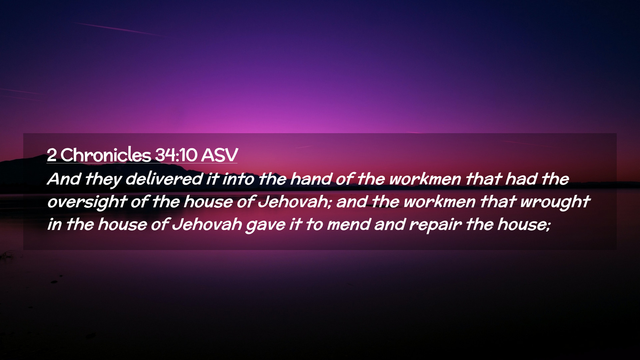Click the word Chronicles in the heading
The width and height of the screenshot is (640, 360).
pyautogui.click(x=106, y=155)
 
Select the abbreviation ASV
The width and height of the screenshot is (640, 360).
pyautogui.click(x=219, y=155)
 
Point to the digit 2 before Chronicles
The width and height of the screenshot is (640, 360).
pyautogui.click(x=52, y=155)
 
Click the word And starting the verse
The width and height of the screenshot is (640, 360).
pyautogui.click(x=64, y=179)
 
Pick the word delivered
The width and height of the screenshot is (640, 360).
pyautogui.click(x=164, y=179)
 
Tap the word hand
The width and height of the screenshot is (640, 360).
pyautogui.click(x=311, y=179)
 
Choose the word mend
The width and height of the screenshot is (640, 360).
pyautogui.click(x=349, y=224)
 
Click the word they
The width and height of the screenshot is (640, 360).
pyautogui.click(x=103, y=179)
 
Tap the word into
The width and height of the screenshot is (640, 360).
pyautogui.click(x=238, y=179)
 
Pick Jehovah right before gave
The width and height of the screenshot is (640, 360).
pyautogui.click(x=207, y=224)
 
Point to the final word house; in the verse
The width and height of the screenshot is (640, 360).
pyautogui.click(x=524, y=224)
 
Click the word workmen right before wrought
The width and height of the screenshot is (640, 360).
pyautogui.click(x=439, y=202)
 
